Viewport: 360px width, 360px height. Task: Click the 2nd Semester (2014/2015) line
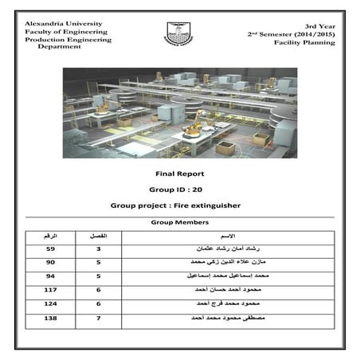point(291,34)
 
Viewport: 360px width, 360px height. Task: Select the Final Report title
point(179,173)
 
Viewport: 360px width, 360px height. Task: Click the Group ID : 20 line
point(179,190)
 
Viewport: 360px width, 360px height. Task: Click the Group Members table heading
point(180,223)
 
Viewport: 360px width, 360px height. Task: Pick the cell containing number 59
point(51,249)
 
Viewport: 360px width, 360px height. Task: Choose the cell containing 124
point(51,304)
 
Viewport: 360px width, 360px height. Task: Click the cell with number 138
point(51,319)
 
